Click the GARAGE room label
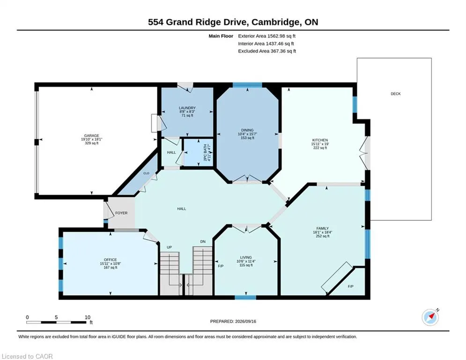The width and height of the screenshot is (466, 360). click(91, 135)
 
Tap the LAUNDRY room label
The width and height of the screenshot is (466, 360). click(187, 108)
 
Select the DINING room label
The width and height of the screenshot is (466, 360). click(247, 130)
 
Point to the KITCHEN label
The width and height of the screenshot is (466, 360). click(320, 140)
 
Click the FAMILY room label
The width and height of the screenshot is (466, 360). click(323, 228)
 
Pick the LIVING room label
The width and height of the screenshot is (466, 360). click(246, 257)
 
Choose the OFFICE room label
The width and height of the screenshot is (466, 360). click(110, 260)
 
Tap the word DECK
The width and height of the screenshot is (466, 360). click(396, 94)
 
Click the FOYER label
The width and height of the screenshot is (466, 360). click(121, 213)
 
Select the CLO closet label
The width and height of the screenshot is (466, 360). click(146, 173)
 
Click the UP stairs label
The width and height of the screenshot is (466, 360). click(169, 247)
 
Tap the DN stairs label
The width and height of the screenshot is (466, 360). click(203, 241)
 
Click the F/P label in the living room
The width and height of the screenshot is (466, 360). click(221, 266)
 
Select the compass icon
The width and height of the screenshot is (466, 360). click(430, 317)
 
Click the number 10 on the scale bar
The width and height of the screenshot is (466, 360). click(88, 317)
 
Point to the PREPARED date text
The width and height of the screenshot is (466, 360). click(233, 321)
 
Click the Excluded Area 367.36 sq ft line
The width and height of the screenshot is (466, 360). click(267, 51)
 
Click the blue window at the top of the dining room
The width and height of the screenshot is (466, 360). click(247, 85)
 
